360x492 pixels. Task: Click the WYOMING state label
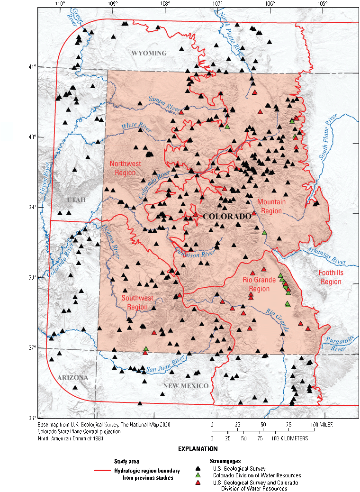coord(149,53)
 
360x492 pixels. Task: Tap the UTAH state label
coord(76,200)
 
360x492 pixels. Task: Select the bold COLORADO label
coord(227,217)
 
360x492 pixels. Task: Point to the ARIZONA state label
coord(73,378)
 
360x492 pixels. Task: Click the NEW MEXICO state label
coord(186,386)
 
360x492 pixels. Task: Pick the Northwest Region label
coord(123,168)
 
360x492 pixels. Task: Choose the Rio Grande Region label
coord(259,284)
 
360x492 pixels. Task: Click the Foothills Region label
coord(330,277)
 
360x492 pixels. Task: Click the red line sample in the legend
coord(103,471)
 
